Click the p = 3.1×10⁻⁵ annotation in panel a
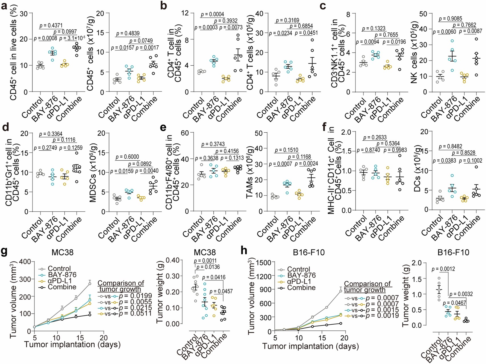point(72,38)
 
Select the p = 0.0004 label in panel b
point(212,14)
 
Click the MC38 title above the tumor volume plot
point(62,252)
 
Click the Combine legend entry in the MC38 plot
point(62,287)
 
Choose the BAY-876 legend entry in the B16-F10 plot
point(301,275)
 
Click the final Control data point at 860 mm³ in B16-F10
point(340,291)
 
